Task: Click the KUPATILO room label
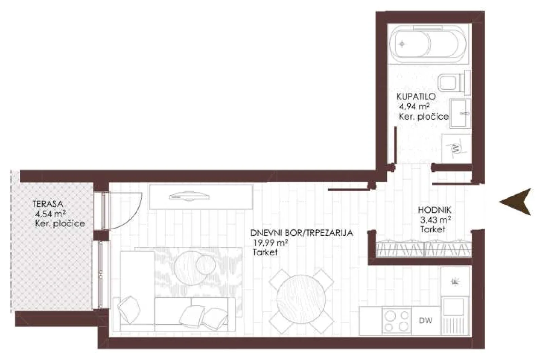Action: [x=416, y=96]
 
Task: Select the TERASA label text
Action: [x=48, y=204]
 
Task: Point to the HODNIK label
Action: [x=434, y=210]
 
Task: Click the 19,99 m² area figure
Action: [x=271, y=242]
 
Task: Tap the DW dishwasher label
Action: [x=426, y=321]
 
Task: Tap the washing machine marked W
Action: [x=456, y=148]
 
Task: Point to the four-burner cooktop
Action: [x=397, y=321]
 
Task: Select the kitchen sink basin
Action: [x=453, y=307]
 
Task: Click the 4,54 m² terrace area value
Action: [x=51, y=214]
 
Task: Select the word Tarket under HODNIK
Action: [x=433, y=229]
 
